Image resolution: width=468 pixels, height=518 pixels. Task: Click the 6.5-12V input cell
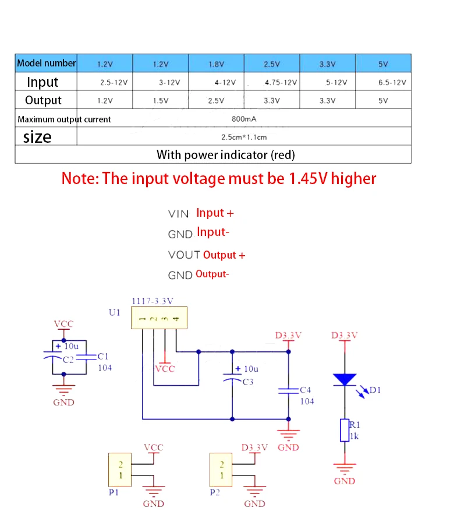pyautogui.click(x=392, y=83)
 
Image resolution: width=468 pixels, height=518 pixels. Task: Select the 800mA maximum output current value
pyautogui.click(x=244, y=119)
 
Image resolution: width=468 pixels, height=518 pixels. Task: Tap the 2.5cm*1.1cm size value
pyautogui.click(x=244, y=138)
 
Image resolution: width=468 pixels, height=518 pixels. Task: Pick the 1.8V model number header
pyautogui.click(x=216, y=64)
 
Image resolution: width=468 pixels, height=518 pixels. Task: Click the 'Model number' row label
pyautogui.click(x=46, y=63)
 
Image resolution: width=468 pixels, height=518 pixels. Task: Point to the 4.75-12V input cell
pyautogui.click(x=281, y=83)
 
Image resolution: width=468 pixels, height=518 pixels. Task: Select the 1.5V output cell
pyautogui.click(x=161, y=100)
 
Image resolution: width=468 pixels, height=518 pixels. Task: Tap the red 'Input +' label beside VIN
pyautogui.click(x=215, y=213)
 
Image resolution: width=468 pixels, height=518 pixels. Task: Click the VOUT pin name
pyautogui.click(x=185, y=255)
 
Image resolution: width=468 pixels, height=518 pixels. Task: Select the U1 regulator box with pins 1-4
pyautogui.click(x=159, y=318)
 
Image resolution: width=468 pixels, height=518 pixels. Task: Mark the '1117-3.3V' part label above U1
pyautogui.click(x=153, y=301)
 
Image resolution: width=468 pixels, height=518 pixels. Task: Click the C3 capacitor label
pyautogui.click(x=248, y=382)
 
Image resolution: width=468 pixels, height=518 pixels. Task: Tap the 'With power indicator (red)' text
pyautogui.click(x=225, y=155)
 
